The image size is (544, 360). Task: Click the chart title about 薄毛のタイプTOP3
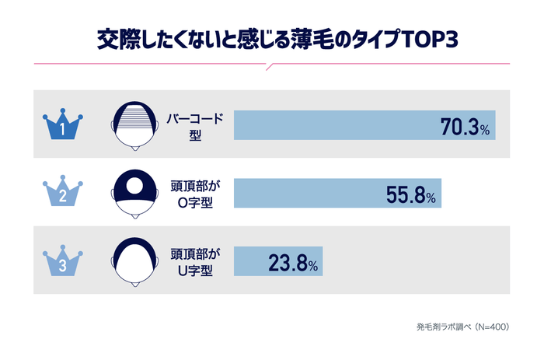[272, 39]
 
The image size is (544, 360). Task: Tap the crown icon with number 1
[62, 125]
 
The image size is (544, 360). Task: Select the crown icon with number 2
[62, 193]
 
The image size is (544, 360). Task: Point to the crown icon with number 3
[62, 260]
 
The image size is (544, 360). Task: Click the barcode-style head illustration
[137, 124]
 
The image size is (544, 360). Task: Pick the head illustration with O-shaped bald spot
[137, 193]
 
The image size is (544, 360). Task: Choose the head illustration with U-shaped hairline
[137, 260]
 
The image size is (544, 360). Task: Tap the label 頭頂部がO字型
[195, 193]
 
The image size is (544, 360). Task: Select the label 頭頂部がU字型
[195, 260]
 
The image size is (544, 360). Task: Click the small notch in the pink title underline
[270, 67]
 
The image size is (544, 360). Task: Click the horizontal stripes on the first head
[137, 117]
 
